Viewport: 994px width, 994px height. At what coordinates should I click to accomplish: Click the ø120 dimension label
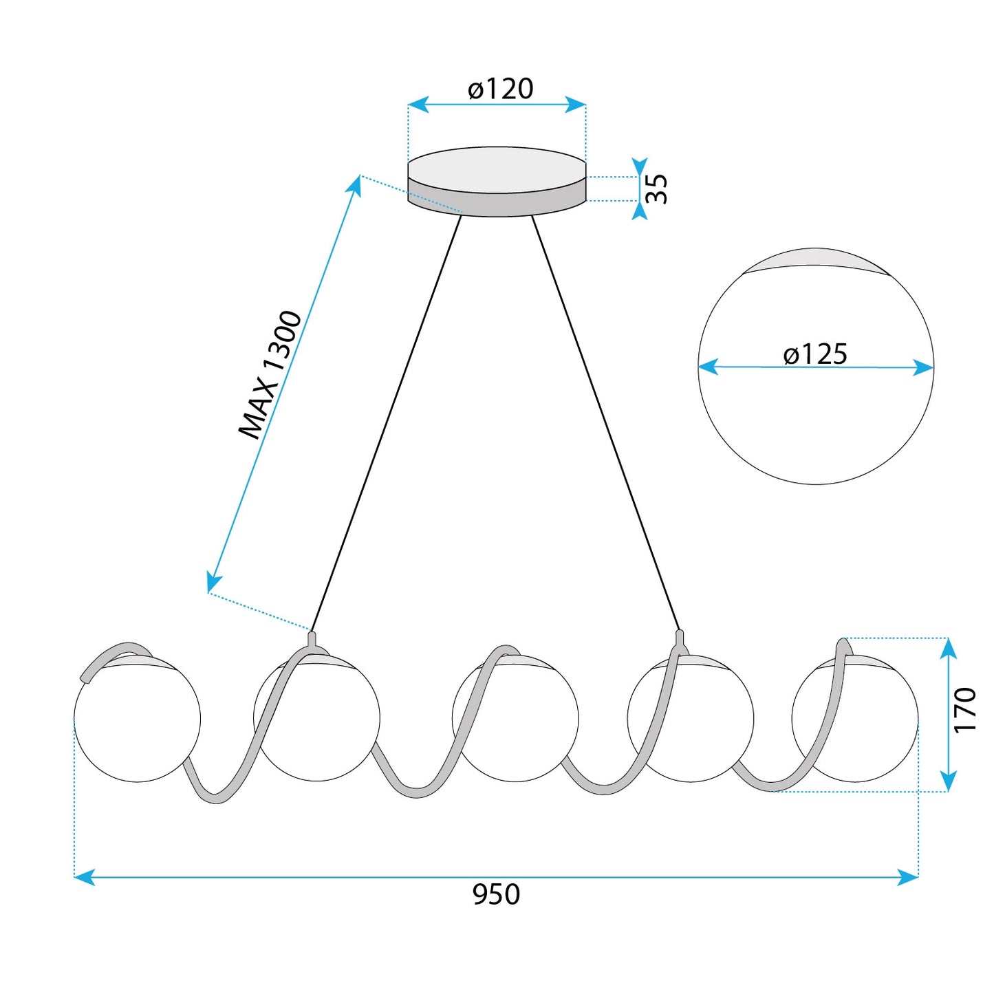click(x=500, y=89)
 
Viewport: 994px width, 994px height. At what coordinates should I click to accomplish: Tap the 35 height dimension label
click(x=657, y=188)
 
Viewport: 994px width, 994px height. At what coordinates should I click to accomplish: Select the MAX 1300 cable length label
click(x=270, y=376)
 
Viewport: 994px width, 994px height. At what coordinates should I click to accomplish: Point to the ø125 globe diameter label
click(x=815, y=354)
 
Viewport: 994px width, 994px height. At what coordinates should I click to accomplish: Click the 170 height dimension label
click(x=965, y=709)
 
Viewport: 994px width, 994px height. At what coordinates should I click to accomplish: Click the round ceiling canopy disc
click(x=497, y=182)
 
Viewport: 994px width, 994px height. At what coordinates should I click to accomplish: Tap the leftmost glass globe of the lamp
click(x=137, y=719)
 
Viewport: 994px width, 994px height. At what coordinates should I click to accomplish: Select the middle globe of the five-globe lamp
click(x=515, y=718)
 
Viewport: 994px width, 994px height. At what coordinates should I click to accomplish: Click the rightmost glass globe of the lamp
click(x=855, y=719)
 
